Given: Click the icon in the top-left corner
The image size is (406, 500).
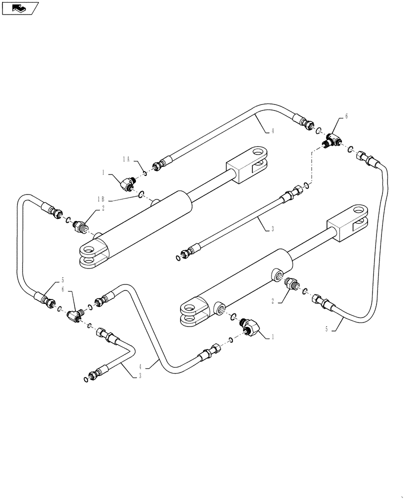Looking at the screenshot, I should (20, 8).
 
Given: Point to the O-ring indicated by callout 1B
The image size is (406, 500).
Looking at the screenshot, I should (142, 194).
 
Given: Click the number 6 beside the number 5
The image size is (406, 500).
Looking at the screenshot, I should (62, 289).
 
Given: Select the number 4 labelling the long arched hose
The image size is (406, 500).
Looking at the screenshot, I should (272, 131).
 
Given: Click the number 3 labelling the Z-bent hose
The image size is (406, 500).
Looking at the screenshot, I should (140, 375).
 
